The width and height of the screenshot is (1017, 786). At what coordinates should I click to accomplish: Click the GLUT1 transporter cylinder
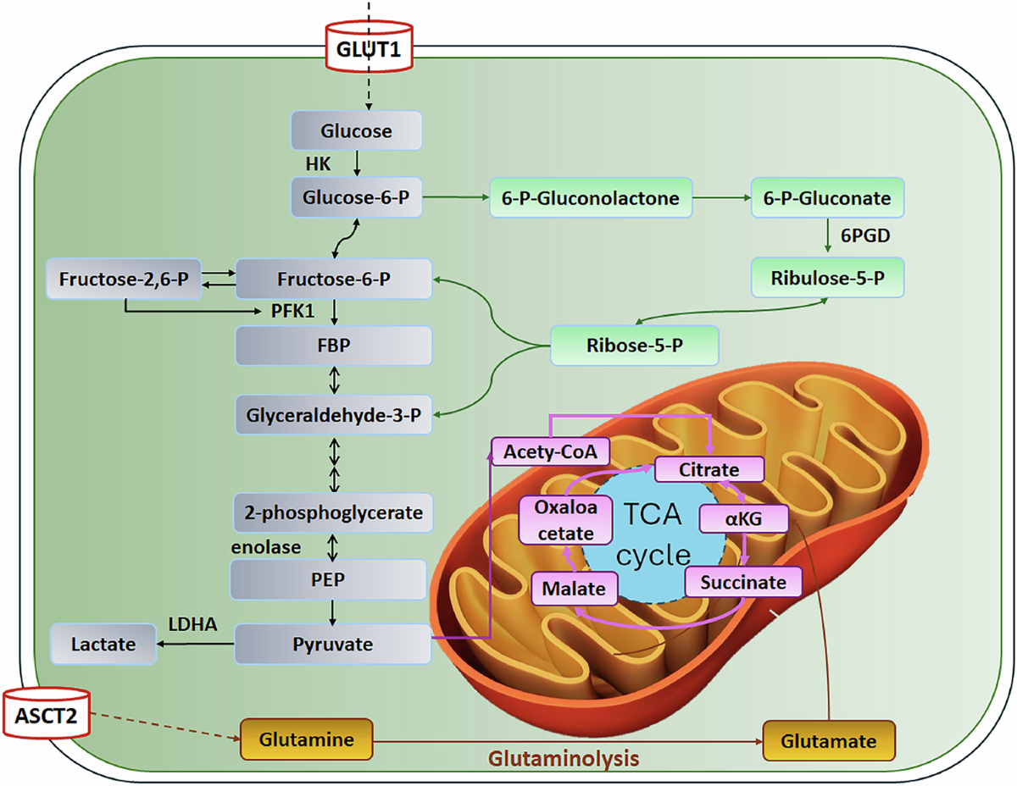tap(369, 47)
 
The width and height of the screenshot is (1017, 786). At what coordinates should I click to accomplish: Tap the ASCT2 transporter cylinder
tap(47, 713)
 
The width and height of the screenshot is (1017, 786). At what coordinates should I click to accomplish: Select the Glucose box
tap(356, 130)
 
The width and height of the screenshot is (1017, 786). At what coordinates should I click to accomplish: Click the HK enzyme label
tap(318, 163)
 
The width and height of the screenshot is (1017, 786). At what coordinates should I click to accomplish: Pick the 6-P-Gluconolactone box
tap(591, 198)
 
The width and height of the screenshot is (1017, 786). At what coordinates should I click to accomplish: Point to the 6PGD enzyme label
tap(865, 235)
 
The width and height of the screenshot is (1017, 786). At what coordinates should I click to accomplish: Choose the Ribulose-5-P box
tap(827, 278)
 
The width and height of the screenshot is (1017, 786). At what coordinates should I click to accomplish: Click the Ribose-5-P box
tap(634, 346)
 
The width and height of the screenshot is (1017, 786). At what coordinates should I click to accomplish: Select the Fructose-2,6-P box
tap(124, 280)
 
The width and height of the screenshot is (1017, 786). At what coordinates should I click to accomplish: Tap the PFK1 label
tap(292, 311)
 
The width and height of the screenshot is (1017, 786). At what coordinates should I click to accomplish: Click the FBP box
tap(333, 346)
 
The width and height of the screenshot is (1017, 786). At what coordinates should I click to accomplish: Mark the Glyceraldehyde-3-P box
tap(333, 415)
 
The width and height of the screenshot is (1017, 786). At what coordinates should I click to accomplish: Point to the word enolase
tap(266, 547)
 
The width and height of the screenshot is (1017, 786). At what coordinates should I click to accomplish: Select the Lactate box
tap(103, 645)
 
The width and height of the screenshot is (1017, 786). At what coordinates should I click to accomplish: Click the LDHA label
tap(193, 624)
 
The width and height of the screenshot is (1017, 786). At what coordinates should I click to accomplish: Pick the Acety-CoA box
tap(550, 451)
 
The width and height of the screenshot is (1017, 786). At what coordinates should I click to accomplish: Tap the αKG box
tap(743, 518)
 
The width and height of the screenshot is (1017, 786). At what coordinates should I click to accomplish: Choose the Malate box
tap(574, 589)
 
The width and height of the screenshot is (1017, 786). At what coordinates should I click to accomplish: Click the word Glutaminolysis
tap(564, 758)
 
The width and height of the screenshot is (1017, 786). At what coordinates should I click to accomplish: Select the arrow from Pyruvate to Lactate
tap(195, 644)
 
